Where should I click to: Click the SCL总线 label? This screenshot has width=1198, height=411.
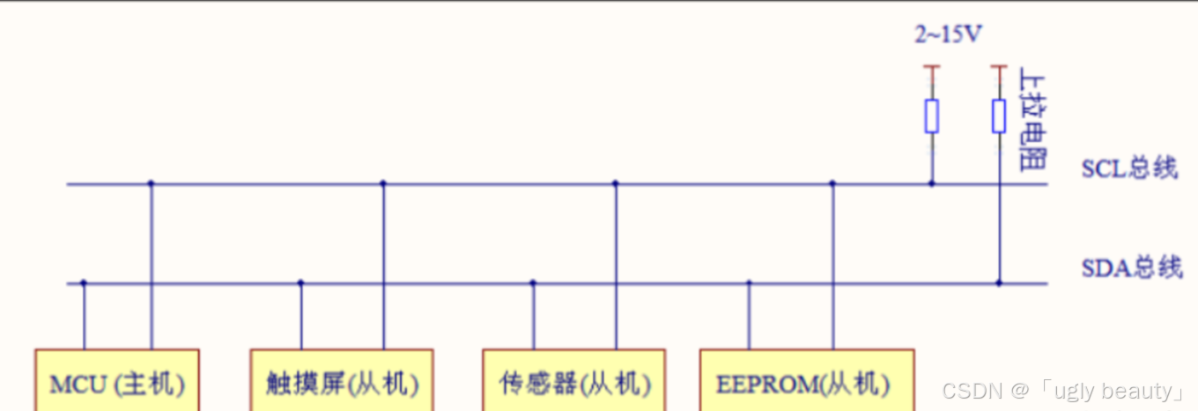[x=1129, y=168]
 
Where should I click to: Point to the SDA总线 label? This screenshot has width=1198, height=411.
[x=1131, y=268]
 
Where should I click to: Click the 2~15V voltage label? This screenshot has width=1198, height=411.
[x=948, y=35]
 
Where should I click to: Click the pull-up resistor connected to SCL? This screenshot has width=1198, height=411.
[x=931, y=116]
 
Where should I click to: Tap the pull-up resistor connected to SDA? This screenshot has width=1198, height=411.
[x=999, y=116]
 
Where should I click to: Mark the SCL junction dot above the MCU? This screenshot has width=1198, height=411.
[x=151, y=183]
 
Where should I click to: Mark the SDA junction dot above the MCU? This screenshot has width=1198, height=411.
[x=84, y=283]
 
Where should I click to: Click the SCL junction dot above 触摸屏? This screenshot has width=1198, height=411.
[x=383, y=183]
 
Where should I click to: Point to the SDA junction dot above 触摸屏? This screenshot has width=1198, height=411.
[x=300, y=283]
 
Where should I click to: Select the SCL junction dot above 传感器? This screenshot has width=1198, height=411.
[x=615, y=183]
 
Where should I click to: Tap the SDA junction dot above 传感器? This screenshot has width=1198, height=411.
[x=532, y=283]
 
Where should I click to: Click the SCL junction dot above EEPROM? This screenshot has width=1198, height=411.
[x=832, y=183]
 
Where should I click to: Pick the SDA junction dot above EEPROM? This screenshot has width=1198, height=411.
[x=749, y=283]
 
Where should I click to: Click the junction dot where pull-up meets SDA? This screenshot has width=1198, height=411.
[x=999, y=283]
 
